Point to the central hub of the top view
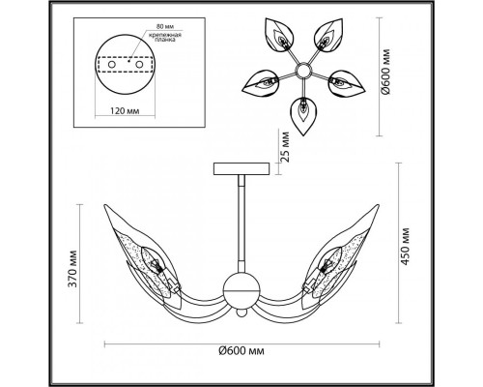tap(301, 70)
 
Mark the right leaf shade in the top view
tap(349, 80)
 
